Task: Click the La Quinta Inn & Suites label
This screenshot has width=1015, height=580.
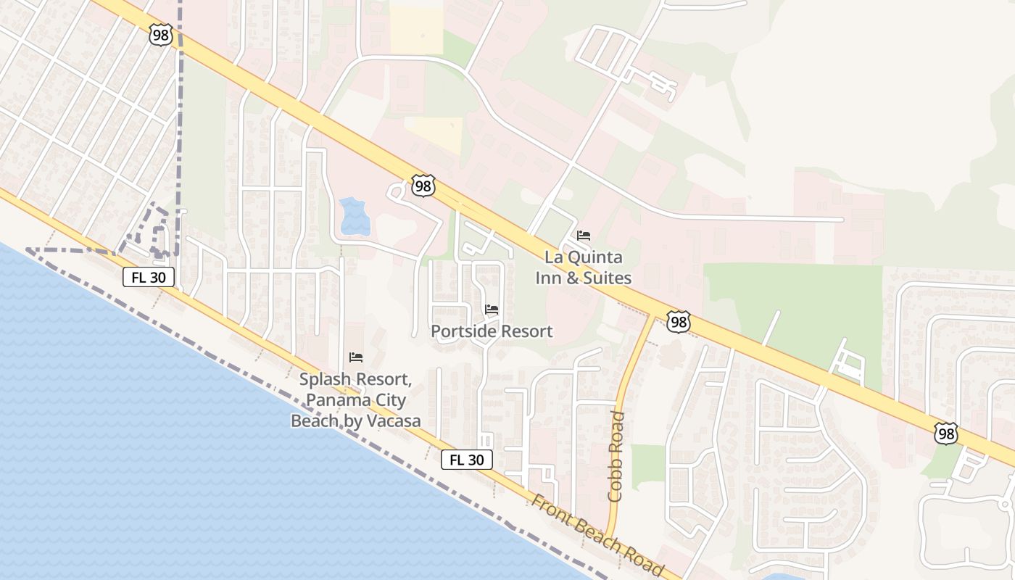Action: pos(583,268)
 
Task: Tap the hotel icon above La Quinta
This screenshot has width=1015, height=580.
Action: pos(584,236)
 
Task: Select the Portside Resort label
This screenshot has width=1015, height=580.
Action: pos(492,331)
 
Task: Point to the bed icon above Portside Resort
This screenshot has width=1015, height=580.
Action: pos(492,310)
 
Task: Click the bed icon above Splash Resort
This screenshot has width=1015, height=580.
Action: pos(355,357)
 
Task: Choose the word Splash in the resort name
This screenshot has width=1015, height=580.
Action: pos(326,379)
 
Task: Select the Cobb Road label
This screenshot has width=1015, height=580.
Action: pos(616,457)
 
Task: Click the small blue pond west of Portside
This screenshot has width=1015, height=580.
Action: pos(355,216)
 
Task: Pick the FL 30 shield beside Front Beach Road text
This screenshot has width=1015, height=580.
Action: pos(466,460)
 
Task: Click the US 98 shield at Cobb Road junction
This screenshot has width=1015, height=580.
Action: pos(678,322)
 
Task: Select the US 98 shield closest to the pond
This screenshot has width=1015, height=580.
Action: pos(423,186)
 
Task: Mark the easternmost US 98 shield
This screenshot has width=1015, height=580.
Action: pos(946,433)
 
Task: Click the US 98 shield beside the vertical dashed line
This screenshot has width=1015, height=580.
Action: pos(161,35)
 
